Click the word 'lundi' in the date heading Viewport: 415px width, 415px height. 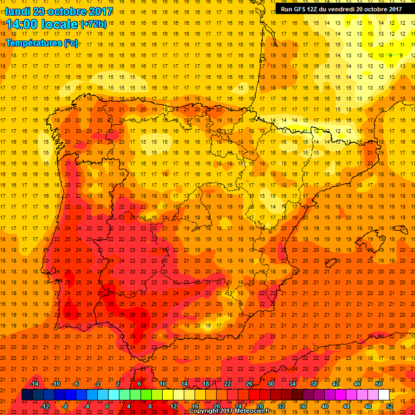click(18, 11)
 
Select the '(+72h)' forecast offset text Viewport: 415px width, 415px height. click(94, 25)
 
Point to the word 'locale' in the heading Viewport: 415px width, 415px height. click(61, 24)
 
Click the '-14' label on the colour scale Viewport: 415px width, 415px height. click(35, 384)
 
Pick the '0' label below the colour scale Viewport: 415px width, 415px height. click(107, 406)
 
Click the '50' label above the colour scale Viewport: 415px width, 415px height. click(379, 384)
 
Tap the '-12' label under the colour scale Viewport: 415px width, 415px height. click(45, 406)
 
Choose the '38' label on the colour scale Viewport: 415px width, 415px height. click(314, 384)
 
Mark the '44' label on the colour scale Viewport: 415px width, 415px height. click(347, 406)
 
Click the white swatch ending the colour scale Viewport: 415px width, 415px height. click(384, 395)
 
